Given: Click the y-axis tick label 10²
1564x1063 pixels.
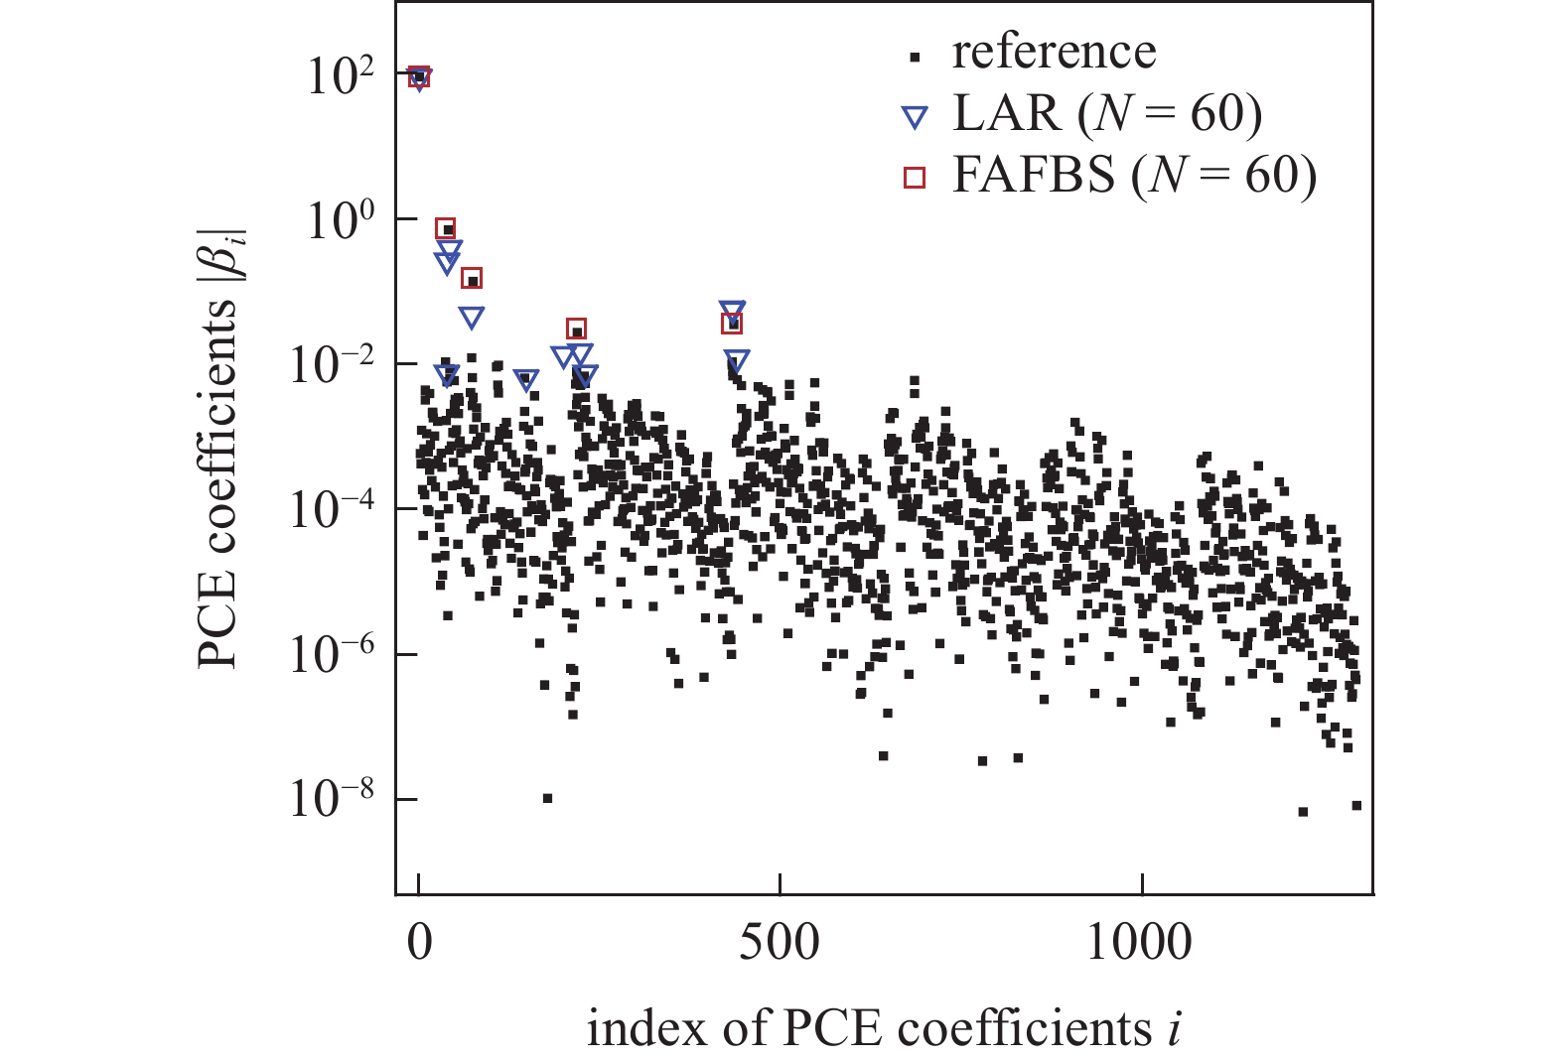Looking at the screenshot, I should point(339,76).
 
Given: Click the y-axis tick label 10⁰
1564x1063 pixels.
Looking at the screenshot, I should point(339,220).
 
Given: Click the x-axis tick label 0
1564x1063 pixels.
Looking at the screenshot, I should point(419,941).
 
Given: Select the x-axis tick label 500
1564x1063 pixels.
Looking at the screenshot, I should point(781,941).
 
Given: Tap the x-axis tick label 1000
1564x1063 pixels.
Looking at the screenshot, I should point(1140,941).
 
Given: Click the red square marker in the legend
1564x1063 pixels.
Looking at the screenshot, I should point(914,178).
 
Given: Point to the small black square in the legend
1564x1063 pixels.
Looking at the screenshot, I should point(915,58).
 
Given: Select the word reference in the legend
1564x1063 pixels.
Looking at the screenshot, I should point(1054,52).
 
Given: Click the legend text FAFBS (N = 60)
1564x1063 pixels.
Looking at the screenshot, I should point(1134,175).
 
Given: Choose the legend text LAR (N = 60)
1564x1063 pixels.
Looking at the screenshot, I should point(1107,114).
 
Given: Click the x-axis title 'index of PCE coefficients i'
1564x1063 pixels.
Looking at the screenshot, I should point(884,1029).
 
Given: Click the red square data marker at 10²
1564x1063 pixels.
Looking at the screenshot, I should point(419,75).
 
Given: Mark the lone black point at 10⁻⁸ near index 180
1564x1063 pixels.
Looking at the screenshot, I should point(547,798).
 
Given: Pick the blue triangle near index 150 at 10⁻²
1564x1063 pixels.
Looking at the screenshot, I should point(526,380).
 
